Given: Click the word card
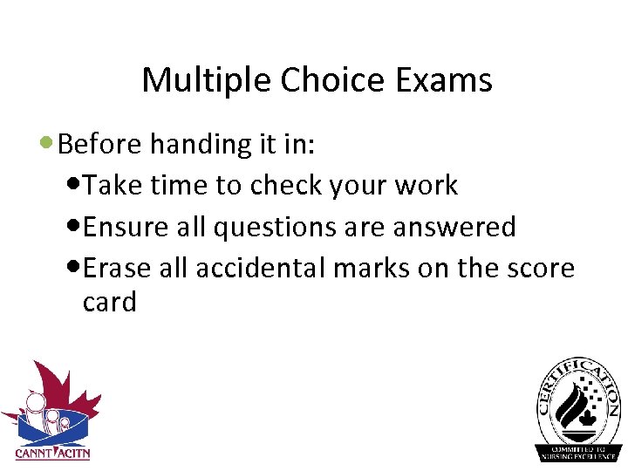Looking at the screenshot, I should click(x=110, y=302).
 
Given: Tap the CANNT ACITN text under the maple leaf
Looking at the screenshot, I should click(x=52, y=453).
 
